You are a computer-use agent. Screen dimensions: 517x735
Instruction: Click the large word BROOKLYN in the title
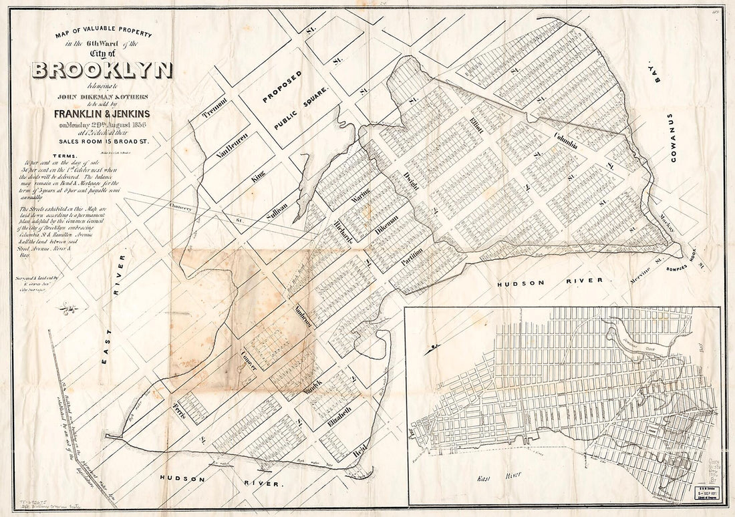pos(102,70)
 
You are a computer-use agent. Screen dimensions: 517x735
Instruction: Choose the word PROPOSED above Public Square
pos(282,88)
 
